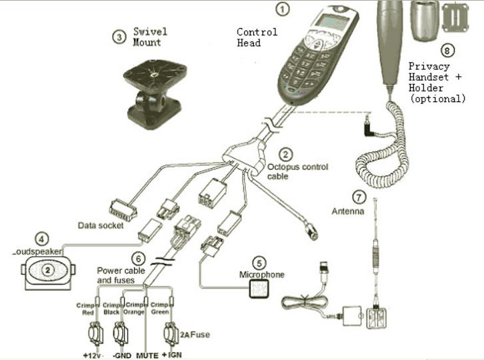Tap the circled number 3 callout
coord(119,37)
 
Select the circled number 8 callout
coord(447,51)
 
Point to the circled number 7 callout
coord(360,197)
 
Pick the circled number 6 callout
coord(138,258)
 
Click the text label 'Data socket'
coord(101,225)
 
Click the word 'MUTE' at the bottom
coord(147,355)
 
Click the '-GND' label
coord(119,355)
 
